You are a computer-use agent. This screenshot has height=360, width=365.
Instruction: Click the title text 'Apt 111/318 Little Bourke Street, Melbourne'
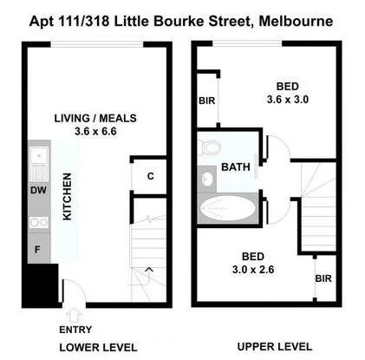(x=182, y=19)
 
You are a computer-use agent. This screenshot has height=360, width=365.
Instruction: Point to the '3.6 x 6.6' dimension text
(x=95, y=132)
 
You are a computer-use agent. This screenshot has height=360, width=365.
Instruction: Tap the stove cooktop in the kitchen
(x=39, y=222)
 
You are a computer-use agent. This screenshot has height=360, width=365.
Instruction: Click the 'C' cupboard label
(x=150, y=177)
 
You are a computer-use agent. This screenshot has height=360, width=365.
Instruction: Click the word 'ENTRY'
(x=75, y=330)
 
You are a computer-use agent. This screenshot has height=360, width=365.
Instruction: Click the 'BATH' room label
(x=236, y=167)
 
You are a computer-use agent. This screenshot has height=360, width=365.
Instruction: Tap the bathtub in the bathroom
(x=230, y=209)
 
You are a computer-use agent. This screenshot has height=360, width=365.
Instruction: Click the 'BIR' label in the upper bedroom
(x=208, y=101)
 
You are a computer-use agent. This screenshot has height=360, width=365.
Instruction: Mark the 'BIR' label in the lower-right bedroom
(x=323, y=279)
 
